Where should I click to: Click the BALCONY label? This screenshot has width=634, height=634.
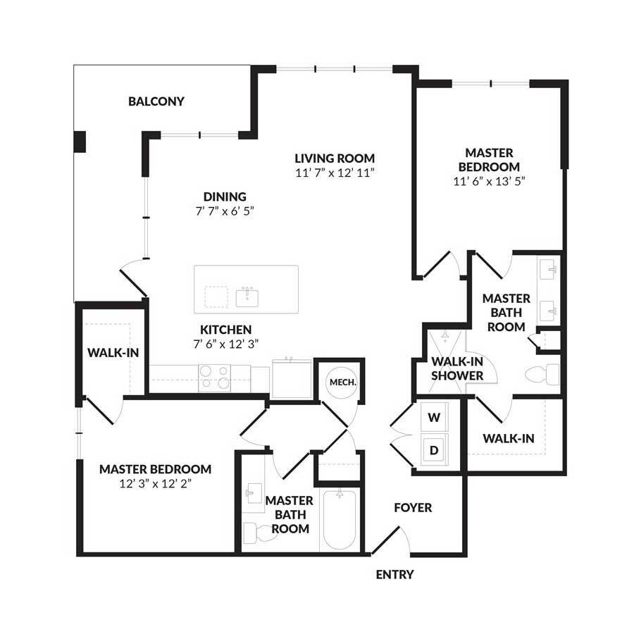coord(156,101)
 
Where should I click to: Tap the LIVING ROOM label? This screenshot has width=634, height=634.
coord(335,158)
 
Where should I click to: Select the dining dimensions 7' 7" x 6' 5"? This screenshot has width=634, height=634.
coord(225,211)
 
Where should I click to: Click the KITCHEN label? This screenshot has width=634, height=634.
coord(225,329)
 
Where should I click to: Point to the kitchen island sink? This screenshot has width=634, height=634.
coord(247,296)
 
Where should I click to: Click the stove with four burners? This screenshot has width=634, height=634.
coord(215,377)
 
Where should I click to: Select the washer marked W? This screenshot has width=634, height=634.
coord(435,417)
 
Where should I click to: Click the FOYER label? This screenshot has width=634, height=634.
coord(413,507)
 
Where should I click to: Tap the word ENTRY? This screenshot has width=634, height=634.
coord(394,575)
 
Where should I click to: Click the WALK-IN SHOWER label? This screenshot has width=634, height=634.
coord(457,368)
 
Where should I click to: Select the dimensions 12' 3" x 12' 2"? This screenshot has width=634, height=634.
coord(156,483)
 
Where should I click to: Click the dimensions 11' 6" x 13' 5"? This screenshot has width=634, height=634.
coord(490,181)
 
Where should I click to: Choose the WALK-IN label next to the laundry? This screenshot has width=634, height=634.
coord(508,438)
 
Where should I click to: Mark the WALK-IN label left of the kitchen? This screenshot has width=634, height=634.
coord(108,352)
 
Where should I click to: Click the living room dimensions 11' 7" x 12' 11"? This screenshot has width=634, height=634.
coord(335,173)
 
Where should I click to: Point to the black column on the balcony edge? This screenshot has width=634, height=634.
coord(80,142)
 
